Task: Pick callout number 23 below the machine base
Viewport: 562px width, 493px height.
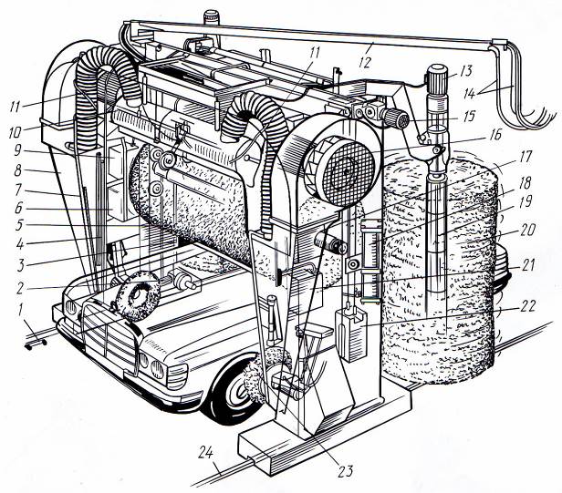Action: [x=345, y=471]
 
